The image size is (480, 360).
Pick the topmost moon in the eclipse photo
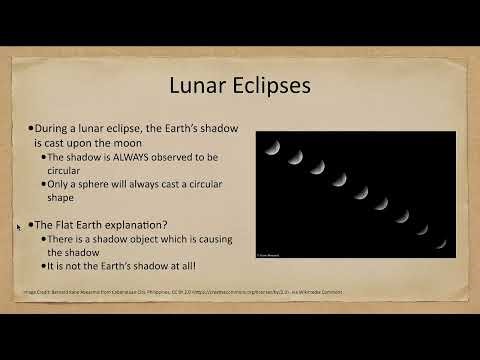272,147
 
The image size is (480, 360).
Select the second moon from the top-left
294,157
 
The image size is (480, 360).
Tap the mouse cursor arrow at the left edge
19,227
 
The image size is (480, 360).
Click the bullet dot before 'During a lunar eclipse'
30,130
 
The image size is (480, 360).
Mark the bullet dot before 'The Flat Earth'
30,225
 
